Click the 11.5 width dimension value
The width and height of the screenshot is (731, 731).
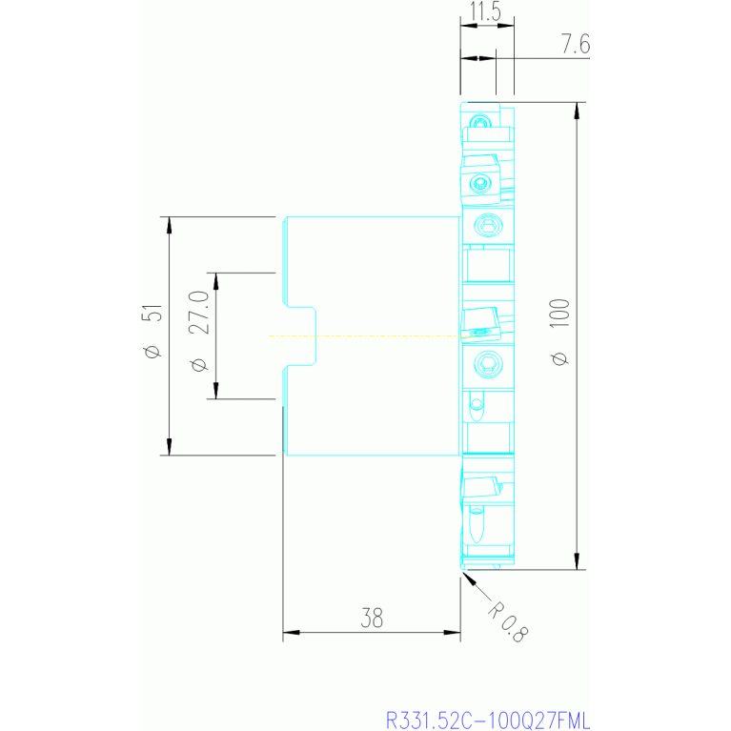pyautogui.click(x=485, y=11)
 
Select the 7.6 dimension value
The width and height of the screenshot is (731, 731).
pyautogui.click(x=576, y=44)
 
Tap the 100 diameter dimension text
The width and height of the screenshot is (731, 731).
pyautogui.click(x=559, y=313)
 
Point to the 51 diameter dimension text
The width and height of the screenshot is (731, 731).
pyautogui.click(x=152, y=313)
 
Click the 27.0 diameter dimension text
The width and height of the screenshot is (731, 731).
pyautogui.click(x=199, y=312)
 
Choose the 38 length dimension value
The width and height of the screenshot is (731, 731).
pyautogui.click(x=372, y=619)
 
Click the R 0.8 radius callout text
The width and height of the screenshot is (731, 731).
pyautogui.click(x=508, y=622)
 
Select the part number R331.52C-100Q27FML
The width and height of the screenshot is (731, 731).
pyautogui.click(x=488, y=721)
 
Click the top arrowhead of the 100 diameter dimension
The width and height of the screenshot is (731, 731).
pyautogui.click(x=577, y=110)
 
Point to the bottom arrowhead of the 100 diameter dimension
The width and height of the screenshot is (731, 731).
pyautogui.click(x=577, y=561)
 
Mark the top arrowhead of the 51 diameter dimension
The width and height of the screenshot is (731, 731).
pyautogui.click(x=170, y=225)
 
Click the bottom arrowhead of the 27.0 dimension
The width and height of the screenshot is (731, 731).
pyautogui.click(x=215, y=391)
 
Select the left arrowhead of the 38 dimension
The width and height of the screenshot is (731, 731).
pyautogui.click(x=291, y=633)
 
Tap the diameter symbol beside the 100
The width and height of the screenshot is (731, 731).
pyautogui.click(x=559, y=358)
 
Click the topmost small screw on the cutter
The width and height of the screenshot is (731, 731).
pyautogui.click(x=480, y=122)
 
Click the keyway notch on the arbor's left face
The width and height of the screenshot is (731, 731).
pyautogui.click(x=301, y=335)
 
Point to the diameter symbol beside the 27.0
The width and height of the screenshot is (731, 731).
pyautogui.click(x=199, y=365)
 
